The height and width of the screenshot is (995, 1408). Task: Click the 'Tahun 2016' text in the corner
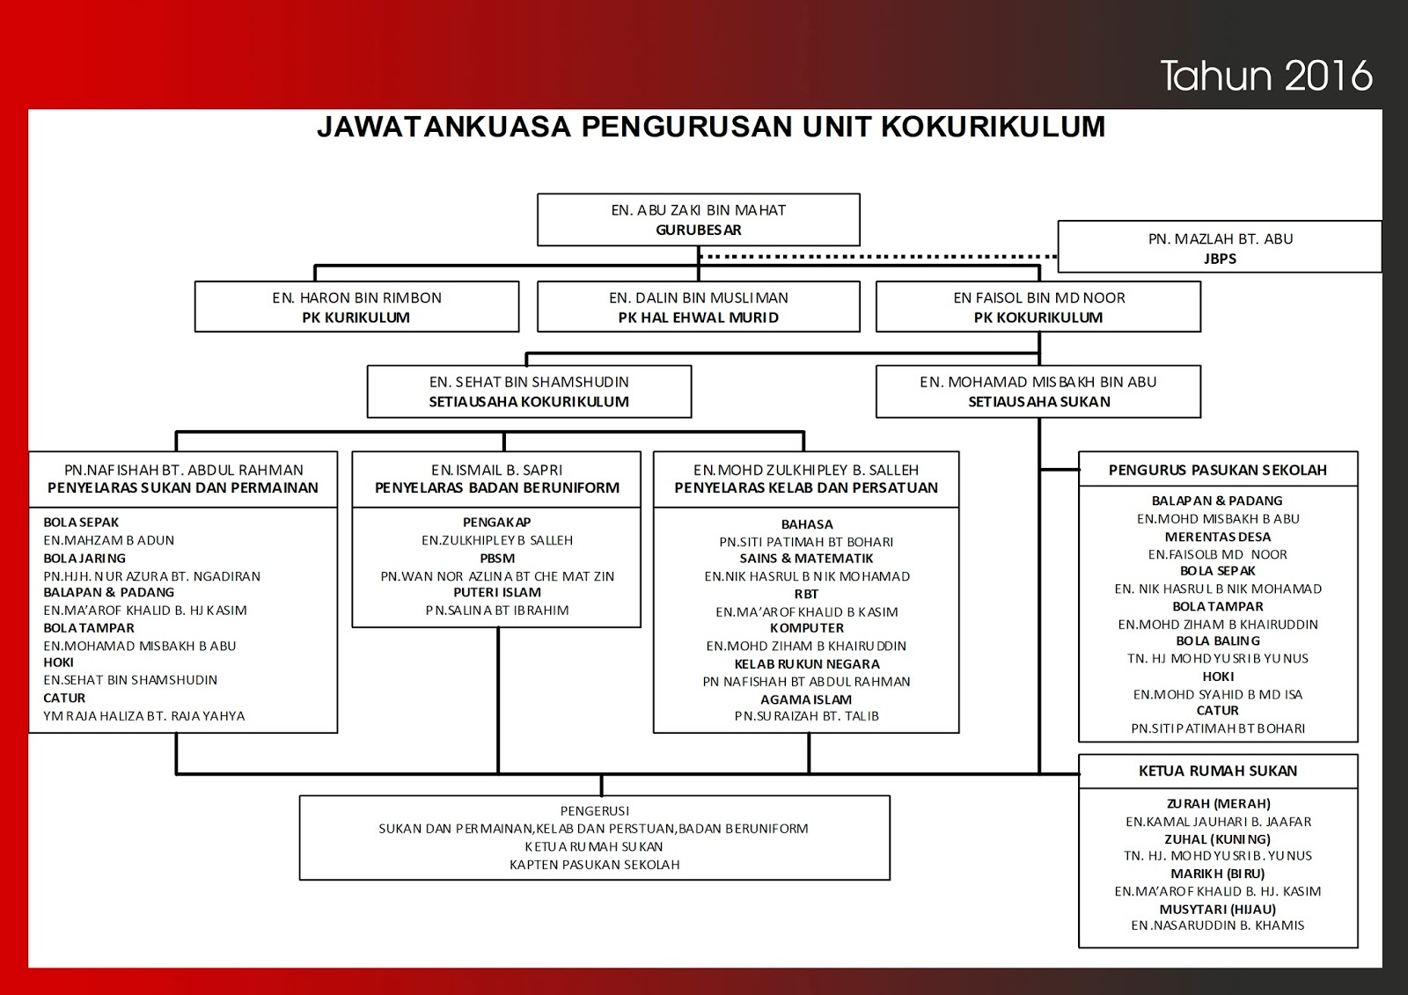pos(1265,76)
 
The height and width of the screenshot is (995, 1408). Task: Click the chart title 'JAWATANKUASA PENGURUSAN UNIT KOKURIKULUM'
pos(711,127)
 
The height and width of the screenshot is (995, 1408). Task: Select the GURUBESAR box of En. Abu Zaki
pos(698,220)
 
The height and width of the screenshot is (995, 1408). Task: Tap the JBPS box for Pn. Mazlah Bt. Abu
pos(1220,248)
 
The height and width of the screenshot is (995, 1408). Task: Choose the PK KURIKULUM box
pos(356,307)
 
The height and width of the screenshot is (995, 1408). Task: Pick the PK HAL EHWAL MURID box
pos(698,307)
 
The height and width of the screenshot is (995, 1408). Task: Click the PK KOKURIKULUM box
pos(1038,307)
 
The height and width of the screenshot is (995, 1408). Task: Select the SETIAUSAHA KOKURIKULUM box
pos(529,391)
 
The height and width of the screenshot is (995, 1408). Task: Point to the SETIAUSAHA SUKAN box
pos(1038,391)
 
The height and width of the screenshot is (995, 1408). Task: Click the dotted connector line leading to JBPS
pos(880,257)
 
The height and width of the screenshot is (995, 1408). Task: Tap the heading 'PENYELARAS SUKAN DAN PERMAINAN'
pos(183,487)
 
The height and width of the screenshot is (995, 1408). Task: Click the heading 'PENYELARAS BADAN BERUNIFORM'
pos(497,487)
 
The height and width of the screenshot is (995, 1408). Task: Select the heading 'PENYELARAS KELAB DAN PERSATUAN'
pos(806,487)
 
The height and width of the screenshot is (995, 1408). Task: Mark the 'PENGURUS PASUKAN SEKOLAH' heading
pos(1218,470)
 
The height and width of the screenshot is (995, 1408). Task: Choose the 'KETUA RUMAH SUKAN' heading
pos(1218,771)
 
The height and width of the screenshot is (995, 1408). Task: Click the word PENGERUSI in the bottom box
pos(595,810)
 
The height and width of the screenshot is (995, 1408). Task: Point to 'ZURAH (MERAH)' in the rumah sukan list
pos(1218,803)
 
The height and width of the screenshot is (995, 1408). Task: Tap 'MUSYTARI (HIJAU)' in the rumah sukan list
pos(1218,909)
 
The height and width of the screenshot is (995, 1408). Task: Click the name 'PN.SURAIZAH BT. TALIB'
pos(806,716)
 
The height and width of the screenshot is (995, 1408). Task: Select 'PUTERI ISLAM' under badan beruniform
pos(497,592)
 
